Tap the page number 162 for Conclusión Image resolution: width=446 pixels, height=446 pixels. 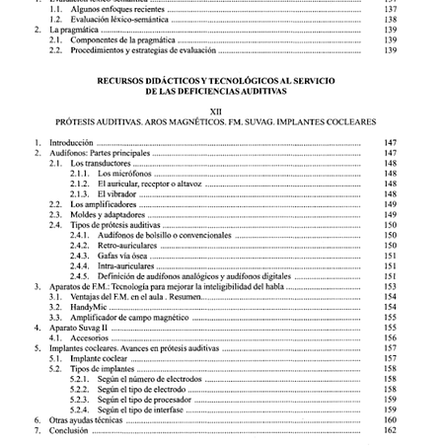[388, 430]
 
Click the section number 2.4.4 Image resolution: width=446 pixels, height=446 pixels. [81, 266]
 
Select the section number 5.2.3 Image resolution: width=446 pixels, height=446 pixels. [81, 400]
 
